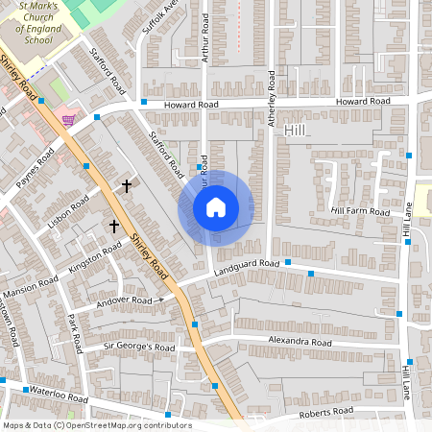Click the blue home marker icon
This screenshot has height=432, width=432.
pos(216,207)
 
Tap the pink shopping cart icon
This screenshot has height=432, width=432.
pos(68,120)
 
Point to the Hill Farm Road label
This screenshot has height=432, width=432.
pos(360,211)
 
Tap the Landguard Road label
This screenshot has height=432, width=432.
pos(248,265)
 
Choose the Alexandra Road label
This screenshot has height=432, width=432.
pos(300,343)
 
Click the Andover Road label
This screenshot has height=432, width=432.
pos(125,301)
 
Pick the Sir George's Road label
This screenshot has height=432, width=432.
pos(138,347)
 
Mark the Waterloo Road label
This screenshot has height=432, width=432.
pos(58,395)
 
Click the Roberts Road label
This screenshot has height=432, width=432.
pos(325,412)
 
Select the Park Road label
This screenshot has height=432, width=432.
pos(78,331)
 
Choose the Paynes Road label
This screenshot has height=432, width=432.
pos(33,169)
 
